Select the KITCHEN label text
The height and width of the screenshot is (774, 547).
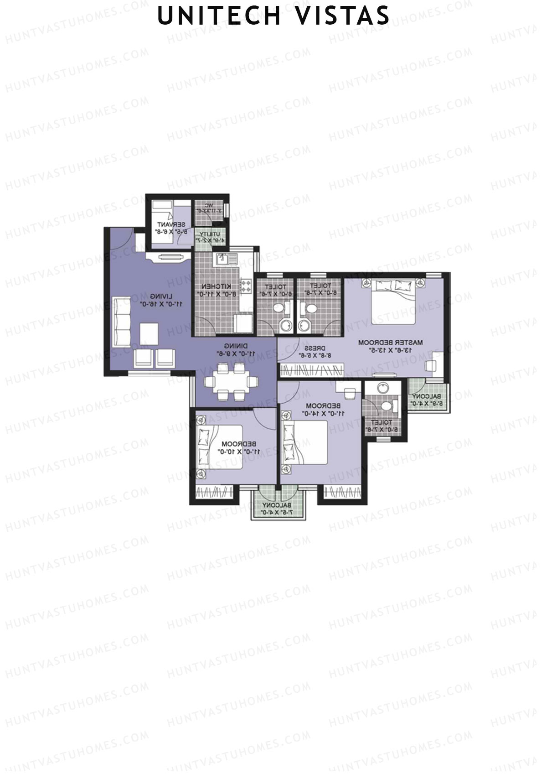tap(216, 286)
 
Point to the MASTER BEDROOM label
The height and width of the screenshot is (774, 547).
tap(390, 342)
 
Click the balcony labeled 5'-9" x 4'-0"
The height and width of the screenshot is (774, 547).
tap(427, 397)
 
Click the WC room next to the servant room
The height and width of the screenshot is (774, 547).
tap(209, 212)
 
